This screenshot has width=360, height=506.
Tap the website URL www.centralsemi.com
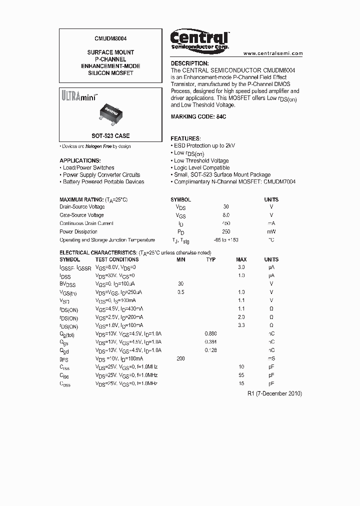click(273, 53)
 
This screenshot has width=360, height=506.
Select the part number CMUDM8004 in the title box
click(110, 37)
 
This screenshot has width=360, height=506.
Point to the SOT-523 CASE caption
click(110, 136)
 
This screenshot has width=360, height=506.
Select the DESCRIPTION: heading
click(189, 63)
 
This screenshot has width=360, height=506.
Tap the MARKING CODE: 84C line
click(198, 116)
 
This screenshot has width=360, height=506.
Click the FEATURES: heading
click(185, 138)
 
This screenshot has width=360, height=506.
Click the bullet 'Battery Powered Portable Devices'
click(103, 182)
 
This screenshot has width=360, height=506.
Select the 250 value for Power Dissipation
click(226, 232)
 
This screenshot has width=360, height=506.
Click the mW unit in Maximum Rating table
click(271, 232)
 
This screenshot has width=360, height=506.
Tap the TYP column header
click(210, 259)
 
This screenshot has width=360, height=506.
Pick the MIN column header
click(180, 259)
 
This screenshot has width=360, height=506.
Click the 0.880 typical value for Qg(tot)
click(210, 333)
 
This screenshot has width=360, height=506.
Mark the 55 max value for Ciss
click(241, 375)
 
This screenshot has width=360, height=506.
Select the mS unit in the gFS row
click(271, 358)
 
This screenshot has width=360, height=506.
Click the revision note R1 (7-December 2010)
click(274, 393)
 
